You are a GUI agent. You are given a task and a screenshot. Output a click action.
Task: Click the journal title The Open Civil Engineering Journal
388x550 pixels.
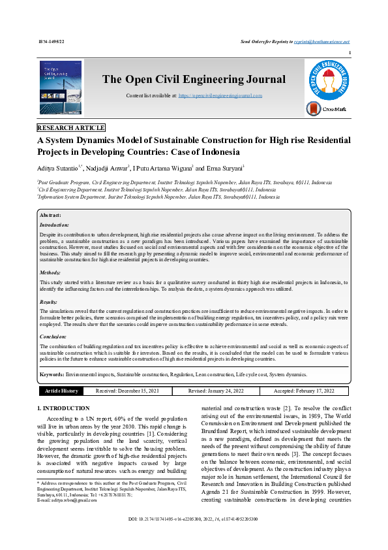(x=194, y=80)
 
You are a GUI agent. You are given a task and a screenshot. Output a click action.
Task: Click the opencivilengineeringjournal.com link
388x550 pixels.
(x=220, y=95)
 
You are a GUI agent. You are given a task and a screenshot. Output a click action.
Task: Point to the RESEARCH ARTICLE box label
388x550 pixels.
(x=71, y=128)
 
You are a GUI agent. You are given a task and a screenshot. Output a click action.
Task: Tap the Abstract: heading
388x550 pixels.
(x=50, y=197)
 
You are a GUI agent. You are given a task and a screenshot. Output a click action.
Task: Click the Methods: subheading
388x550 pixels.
(x=50, y=272)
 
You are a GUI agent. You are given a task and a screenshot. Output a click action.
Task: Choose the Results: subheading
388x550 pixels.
(x=49, y=302)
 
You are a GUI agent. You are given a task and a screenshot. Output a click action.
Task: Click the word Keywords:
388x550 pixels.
(x=52, y=374)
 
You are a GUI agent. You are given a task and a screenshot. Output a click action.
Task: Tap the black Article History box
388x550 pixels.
(x=61, y=391)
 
